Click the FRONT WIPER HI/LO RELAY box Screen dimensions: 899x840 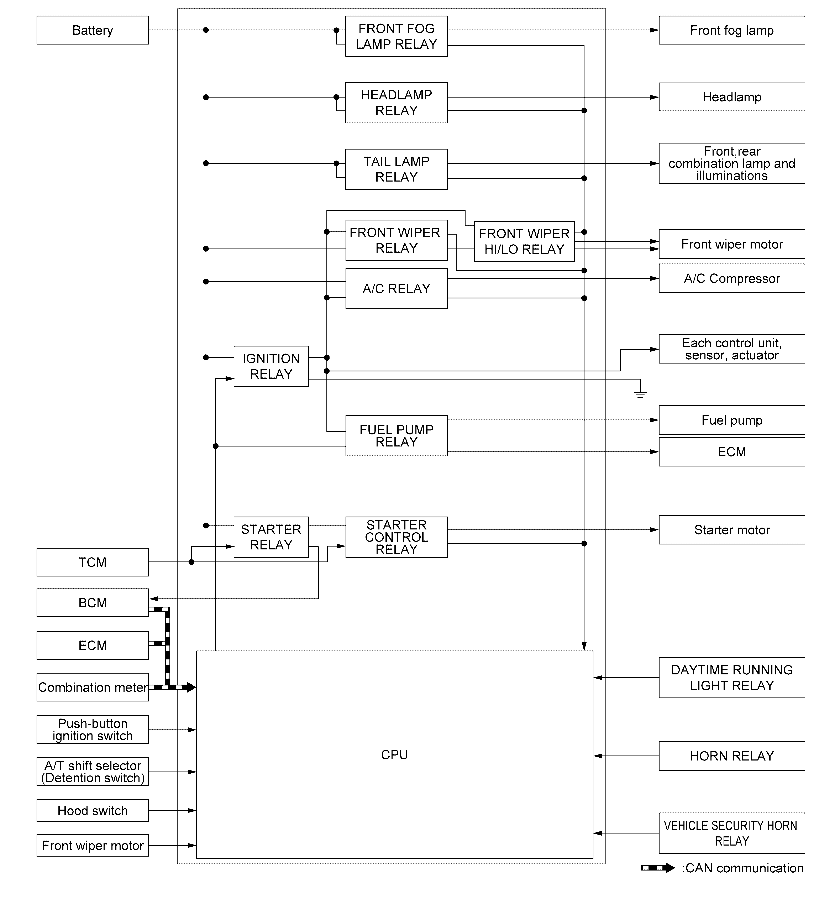(x=524, y=241)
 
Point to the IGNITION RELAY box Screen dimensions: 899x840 (x=271, y=366)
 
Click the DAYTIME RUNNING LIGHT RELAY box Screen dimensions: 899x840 (x=731, y=677)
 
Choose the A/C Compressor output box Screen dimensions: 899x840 (x=731, y=279)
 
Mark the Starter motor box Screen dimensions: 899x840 (x=731, y=529)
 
